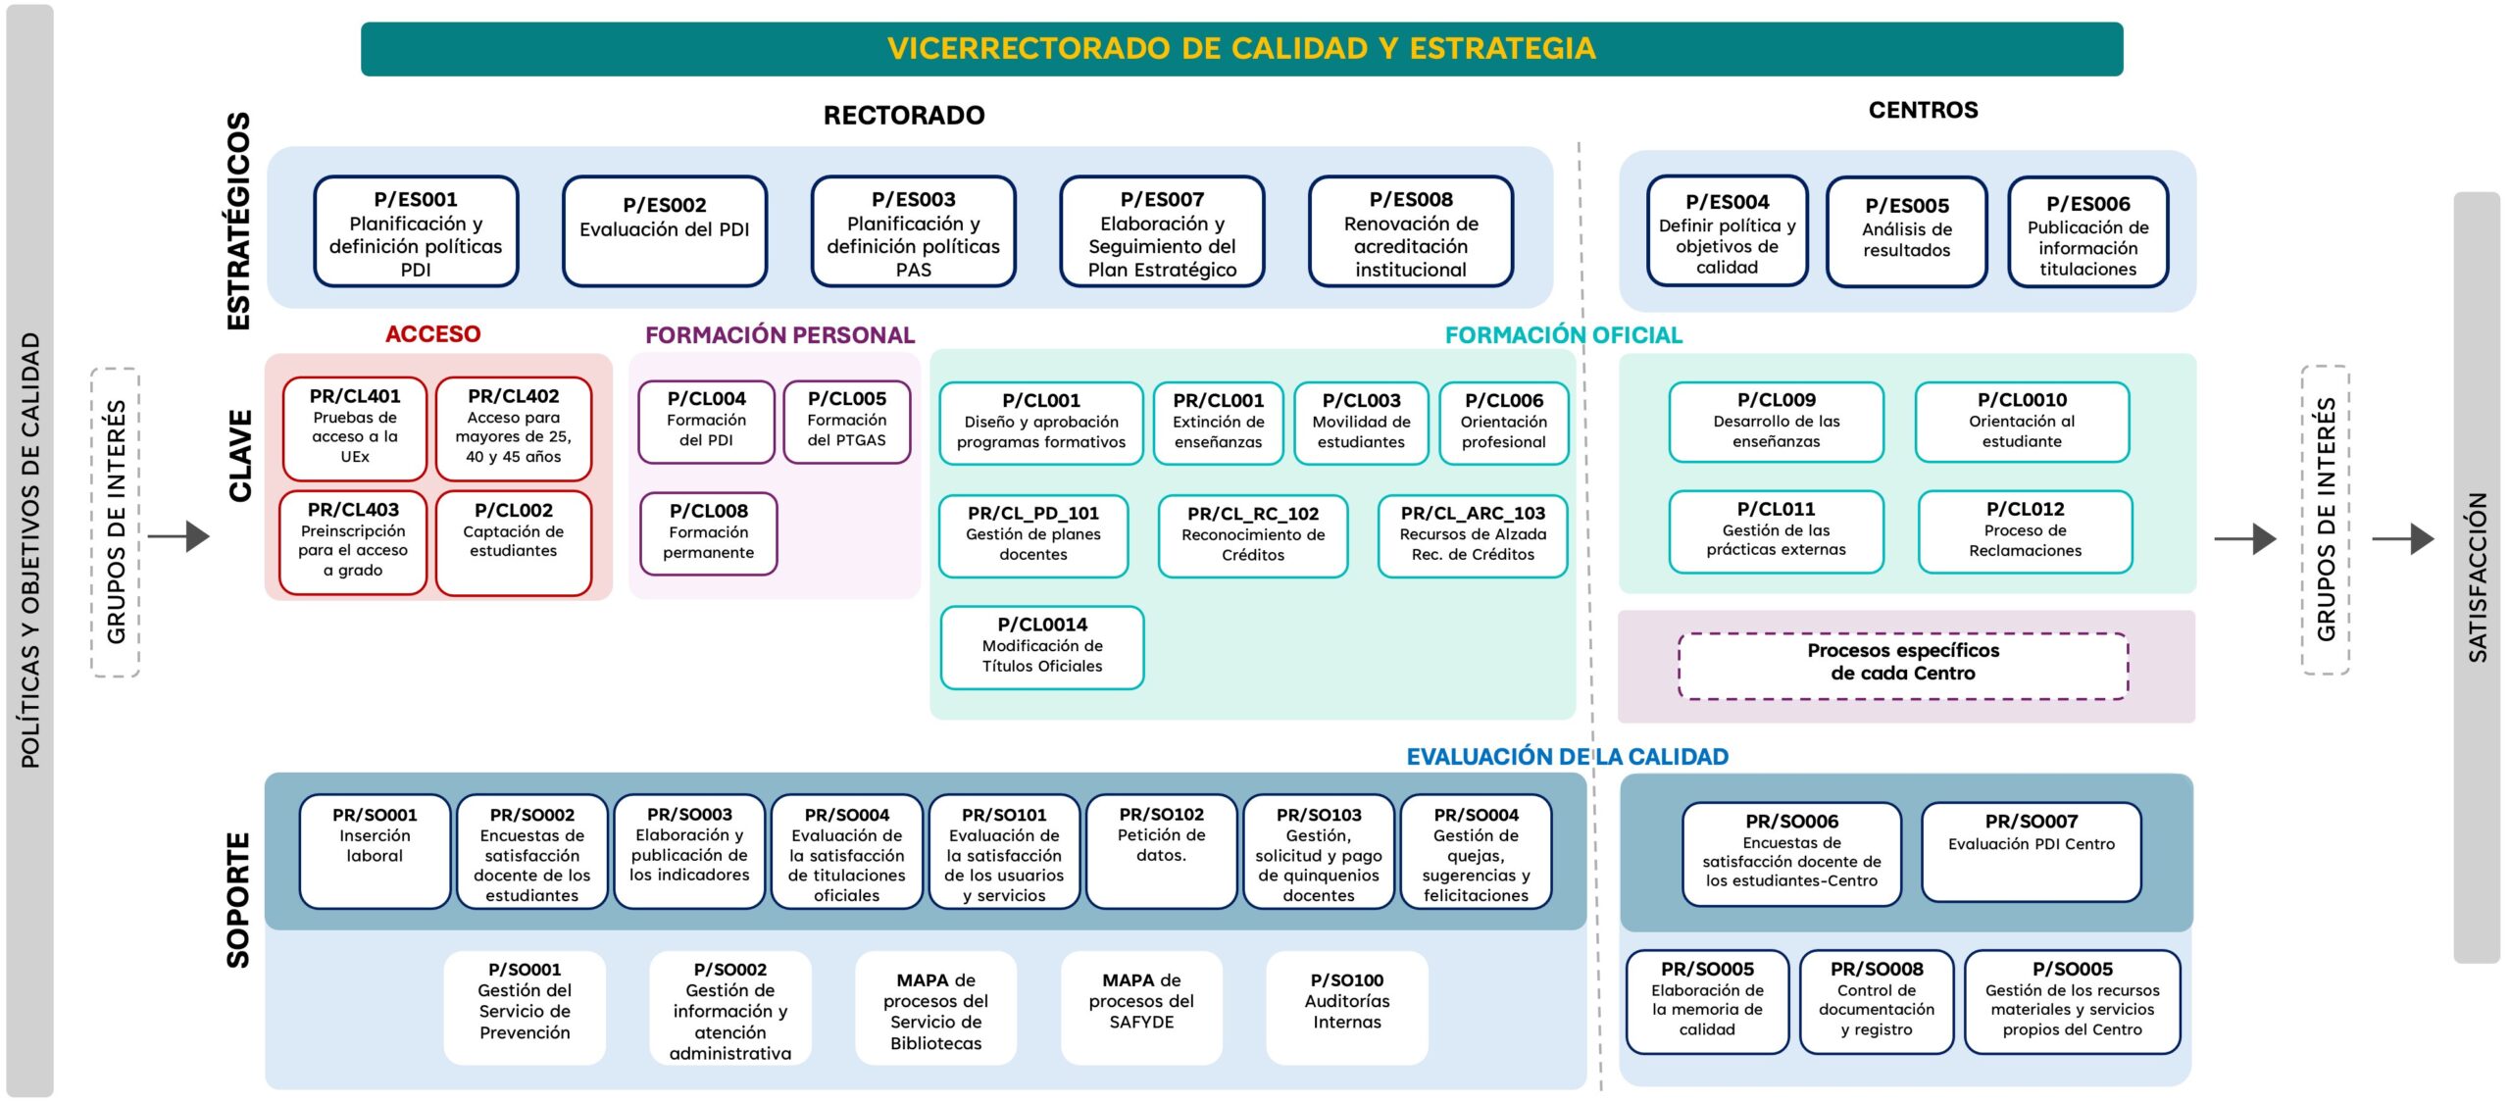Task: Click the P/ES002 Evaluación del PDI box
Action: [664, 230]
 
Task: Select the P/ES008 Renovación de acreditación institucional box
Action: [1410, 232]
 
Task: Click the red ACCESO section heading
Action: [432, 334]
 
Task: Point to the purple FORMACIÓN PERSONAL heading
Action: [779, 335]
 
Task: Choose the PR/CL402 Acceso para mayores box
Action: [513, 428]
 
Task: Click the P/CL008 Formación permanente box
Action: [708, 532]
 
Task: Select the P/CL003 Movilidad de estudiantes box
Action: [1361, 423]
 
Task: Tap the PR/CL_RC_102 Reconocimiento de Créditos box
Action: [1252, 535]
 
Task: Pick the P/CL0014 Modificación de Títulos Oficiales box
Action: [1041, 647]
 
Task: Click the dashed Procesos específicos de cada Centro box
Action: [1902, 665]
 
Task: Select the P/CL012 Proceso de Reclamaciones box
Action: [2025, 531]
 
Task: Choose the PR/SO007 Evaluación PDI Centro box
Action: [2031, 851]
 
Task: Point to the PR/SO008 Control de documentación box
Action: [1876, 1001]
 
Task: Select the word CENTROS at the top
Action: [1922, 110]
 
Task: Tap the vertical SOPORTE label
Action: [238, 900]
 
